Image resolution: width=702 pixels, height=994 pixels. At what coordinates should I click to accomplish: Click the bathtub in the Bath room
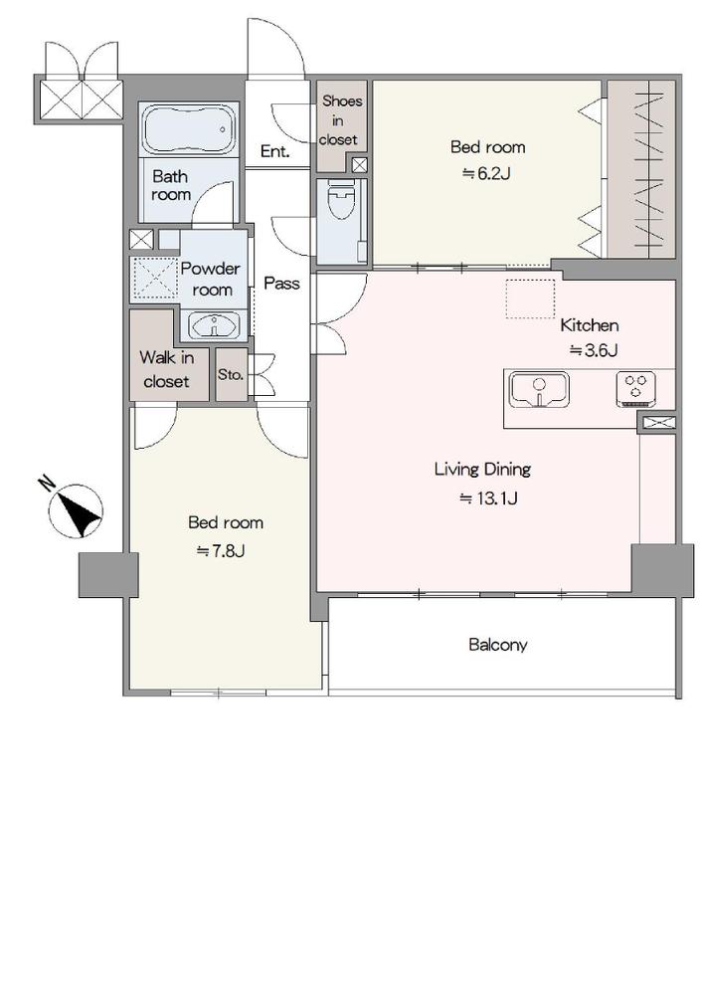coord(190,129)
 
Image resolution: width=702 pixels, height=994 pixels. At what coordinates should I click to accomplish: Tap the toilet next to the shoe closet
coord(341,200)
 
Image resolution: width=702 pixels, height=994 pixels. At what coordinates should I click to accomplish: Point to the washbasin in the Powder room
coord(214,326)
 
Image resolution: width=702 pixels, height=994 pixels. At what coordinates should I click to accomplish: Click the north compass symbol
coord(77,511)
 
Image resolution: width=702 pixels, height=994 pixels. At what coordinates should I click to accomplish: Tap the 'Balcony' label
coord(498,645)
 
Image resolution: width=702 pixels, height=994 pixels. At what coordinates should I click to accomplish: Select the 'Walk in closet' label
coord(167,369)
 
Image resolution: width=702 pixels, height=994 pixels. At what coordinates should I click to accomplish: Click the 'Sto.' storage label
coord(231,375)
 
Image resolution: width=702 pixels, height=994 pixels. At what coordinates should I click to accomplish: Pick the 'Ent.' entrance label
coord(275,151)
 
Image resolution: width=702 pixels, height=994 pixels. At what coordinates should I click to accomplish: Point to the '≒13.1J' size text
coord(488,498)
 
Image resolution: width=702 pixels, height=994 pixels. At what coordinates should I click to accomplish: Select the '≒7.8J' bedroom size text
coord(221,551)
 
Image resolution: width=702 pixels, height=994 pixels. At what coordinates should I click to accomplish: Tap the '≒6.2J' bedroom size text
coord(486,173)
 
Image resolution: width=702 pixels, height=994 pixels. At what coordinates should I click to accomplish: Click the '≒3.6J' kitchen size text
coord(594,350)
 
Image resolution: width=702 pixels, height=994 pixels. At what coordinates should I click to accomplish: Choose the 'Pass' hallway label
coord(282,283)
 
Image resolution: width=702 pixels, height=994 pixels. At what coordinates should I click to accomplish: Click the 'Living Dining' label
coord(483,470)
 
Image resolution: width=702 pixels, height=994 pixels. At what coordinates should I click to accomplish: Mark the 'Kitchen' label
coord(590,325)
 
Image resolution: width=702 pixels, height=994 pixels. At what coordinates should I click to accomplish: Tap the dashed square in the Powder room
coord(155,279)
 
